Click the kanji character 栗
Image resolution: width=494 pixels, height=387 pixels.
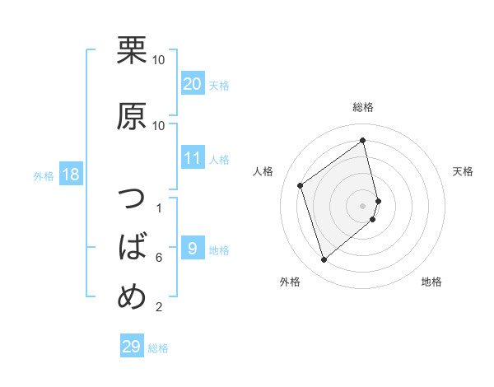132,51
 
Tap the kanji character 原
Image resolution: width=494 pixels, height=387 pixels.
132,118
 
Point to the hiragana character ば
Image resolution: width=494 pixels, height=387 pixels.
132,246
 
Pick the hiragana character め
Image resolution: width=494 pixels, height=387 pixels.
132,294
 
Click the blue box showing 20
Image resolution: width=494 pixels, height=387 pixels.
192,84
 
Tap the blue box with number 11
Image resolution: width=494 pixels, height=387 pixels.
192,159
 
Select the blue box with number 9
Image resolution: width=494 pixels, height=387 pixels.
192,249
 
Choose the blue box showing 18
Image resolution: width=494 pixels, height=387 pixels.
70,175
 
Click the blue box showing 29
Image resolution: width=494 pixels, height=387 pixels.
131,347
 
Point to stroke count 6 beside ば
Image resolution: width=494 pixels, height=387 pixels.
158,258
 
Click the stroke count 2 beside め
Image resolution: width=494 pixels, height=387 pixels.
158,308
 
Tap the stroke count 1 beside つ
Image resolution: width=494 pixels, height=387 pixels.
158,207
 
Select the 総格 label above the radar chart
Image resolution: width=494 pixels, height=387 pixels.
363,107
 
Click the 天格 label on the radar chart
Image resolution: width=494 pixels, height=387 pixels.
463,171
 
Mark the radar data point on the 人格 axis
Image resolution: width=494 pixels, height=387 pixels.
301,185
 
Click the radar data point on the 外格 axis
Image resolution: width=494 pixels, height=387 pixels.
324,260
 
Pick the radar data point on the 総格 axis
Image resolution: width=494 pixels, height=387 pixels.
363,141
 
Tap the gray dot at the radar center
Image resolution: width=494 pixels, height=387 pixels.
363,205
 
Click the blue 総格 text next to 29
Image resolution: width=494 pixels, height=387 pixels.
158,348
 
